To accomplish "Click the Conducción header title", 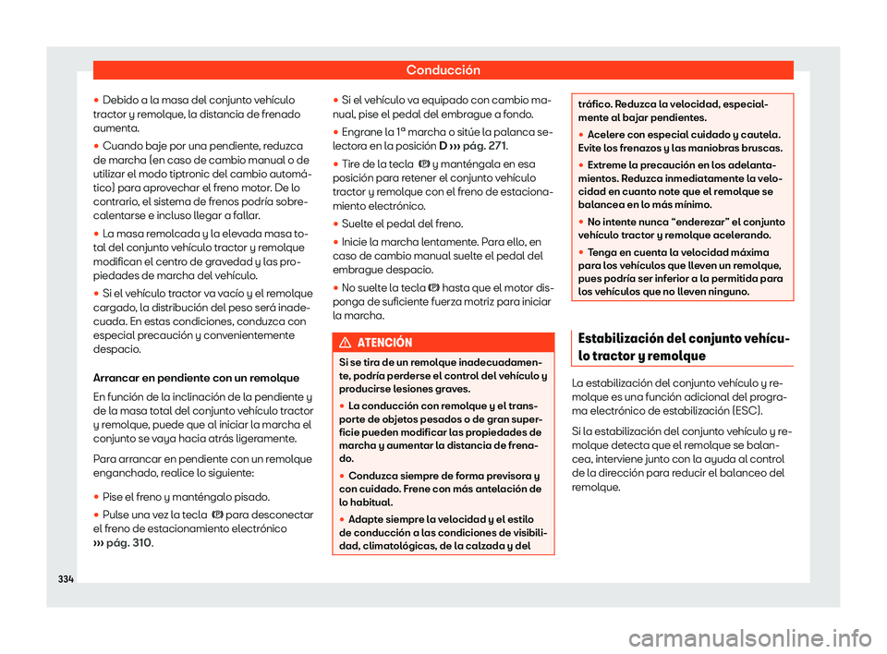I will [443, 69].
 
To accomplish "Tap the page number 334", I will [67, 578].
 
